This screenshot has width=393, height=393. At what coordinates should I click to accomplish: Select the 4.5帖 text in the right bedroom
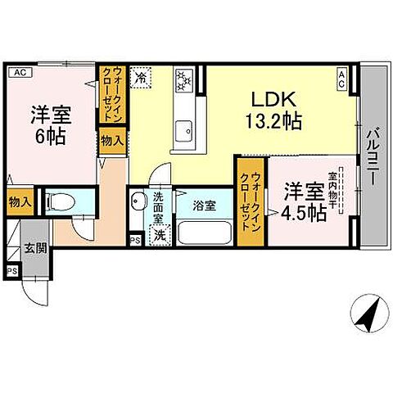click(303, 212)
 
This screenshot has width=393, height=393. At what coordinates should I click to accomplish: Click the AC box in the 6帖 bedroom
click(20, 72)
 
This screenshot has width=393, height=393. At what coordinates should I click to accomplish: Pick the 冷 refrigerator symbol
click(142, 79)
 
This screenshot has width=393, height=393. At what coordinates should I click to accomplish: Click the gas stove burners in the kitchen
click(183, 80)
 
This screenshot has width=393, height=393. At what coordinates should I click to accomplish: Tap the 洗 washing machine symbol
click(160, 235)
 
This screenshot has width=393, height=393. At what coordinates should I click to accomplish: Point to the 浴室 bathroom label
click(205, 206)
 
